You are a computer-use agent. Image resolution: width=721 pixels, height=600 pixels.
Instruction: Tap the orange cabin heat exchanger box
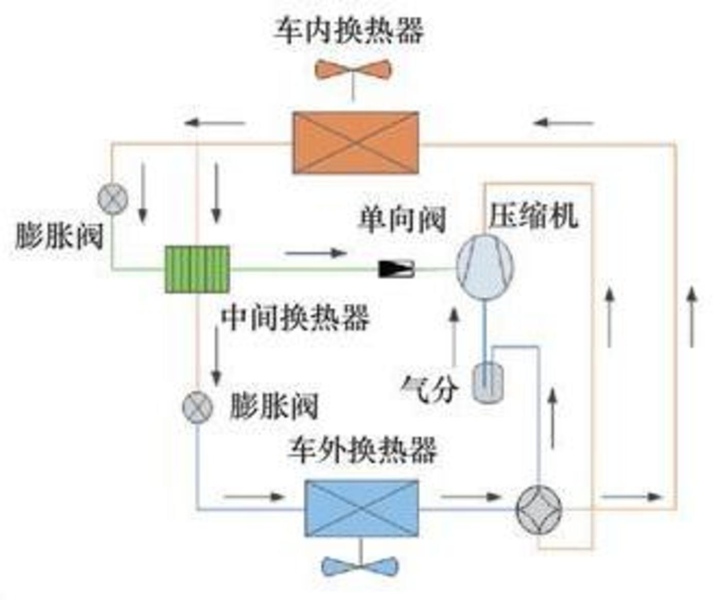[355, 142]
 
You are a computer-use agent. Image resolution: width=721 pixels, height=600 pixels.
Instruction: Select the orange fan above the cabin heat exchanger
[353, 70]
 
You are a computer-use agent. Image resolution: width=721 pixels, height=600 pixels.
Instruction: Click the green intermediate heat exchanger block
[197, 269]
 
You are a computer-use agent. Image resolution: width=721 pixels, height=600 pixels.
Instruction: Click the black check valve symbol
[396, 268]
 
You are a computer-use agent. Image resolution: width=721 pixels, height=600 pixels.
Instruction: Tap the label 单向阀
[402, 220]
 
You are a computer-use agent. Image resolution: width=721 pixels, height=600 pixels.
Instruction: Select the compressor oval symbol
[484, 266]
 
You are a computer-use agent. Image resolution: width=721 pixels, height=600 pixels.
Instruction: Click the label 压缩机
[533, 216]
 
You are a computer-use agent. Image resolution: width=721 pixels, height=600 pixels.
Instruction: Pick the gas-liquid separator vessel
[488, 382]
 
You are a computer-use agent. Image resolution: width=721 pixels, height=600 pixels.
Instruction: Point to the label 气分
[429, 387]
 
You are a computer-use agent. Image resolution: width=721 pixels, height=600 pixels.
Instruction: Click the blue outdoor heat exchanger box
[361, 508]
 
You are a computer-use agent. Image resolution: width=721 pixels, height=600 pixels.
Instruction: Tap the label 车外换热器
[362, 450]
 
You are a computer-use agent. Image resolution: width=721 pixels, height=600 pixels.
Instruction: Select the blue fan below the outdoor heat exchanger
[360, 566]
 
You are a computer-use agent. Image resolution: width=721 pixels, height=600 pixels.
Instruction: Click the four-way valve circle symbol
[539, 509]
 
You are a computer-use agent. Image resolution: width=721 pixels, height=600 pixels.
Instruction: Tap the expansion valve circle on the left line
[113, 198]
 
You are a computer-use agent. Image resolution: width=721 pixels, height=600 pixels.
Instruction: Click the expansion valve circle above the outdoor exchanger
[197, 407]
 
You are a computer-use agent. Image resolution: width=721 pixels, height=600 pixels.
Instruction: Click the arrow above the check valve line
[315, 253]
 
